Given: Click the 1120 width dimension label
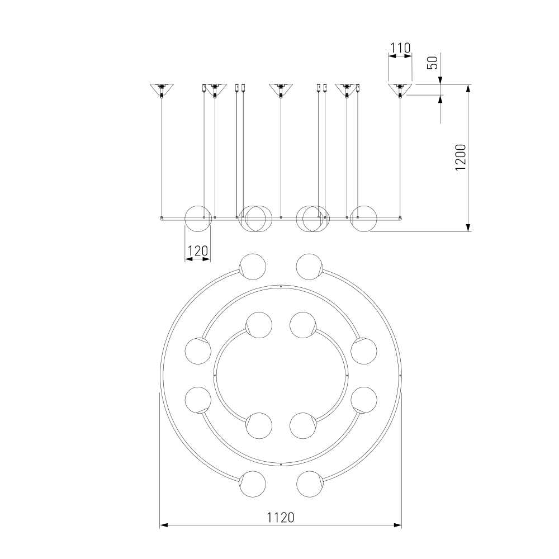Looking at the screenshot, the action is [x=281, y=517].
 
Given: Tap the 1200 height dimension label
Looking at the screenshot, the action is [x=461, y=157].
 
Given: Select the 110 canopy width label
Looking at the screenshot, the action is [x=400, y=48].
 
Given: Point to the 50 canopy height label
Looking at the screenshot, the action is [x=432, y=63].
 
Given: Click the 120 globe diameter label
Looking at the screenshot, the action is [x=197, y=251].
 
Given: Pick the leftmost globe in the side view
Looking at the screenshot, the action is [x=198, y=219].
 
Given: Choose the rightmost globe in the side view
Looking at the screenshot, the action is [x=364, y=219].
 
